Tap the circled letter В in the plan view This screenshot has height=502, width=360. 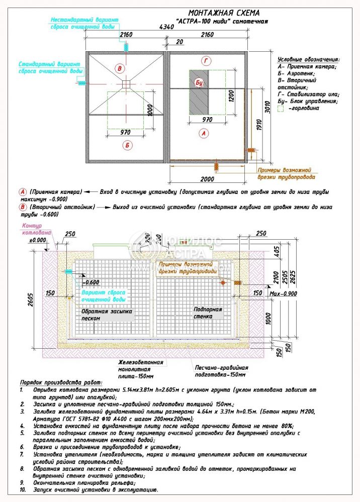click(x=119, y=68)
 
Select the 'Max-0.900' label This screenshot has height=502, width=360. click(x=285, y=293)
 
